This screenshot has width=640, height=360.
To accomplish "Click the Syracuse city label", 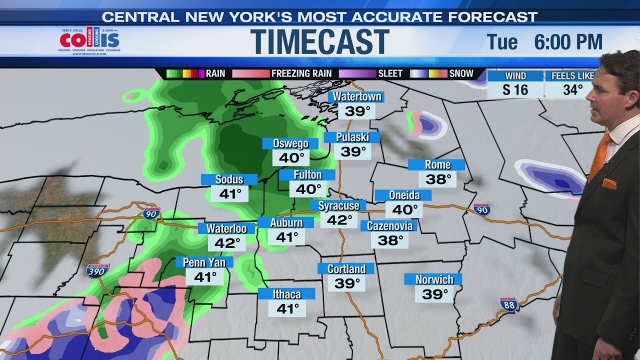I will coord(338,205).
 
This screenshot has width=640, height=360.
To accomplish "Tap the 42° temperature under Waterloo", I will coord(227,243).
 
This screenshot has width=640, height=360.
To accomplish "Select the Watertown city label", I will coord(357,96).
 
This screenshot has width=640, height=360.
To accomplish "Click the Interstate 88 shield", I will coord(508,304).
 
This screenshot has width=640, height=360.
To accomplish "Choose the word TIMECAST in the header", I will coord(320,41).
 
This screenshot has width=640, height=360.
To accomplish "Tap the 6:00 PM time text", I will coord(568,42).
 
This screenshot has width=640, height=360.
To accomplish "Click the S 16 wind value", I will coord(515,90).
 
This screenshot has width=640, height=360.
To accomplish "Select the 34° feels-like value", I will coord(572,90).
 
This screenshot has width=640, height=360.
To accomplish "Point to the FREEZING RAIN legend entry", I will coord(301,73).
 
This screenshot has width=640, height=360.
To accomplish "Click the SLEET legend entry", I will coord(390,73).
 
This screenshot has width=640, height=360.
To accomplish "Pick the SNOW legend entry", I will coord(461,73).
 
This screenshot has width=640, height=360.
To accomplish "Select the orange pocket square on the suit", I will coord(609,184).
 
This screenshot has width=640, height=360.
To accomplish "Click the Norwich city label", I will coord(433,279).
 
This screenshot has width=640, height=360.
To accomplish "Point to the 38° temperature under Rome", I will coord(438,179).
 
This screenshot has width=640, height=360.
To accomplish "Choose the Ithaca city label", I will coord(286,294).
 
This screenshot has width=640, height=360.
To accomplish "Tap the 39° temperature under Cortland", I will coord(347,283).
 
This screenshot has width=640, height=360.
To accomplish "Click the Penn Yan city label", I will coord(204,262).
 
